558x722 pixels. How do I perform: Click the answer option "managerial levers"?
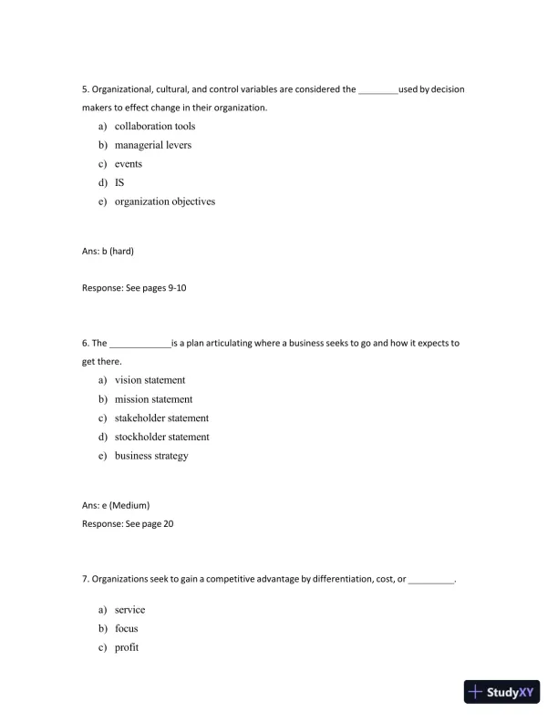tap(152, 145)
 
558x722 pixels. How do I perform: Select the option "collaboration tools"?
tap(154, 127)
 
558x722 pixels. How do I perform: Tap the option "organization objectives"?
tap(164, 201)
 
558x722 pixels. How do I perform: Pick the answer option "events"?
tap(128, 164)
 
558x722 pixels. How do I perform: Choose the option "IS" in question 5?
tap(119, 182)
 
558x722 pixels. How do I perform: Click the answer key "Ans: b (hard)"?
tap(108, 250)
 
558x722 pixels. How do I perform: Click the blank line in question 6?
tap(139, 345)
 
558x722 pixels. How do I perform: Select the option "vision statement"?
tap(150, 380)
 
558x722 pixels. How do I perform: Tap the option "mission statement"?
tap(153, 399)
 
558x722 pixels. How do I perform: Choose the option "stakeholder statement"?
tap(161, 418)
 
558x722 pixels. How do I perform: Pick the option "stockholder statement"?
tap(161, 437)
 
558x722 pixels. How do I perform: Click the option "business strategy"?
tap(150, 456)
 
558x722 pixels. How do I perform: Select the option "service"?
tap(129, 610)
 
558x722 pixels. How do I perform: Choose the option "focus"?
tap(126, 629)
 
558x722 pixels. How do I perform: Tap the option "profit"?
tap(126, 647)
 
